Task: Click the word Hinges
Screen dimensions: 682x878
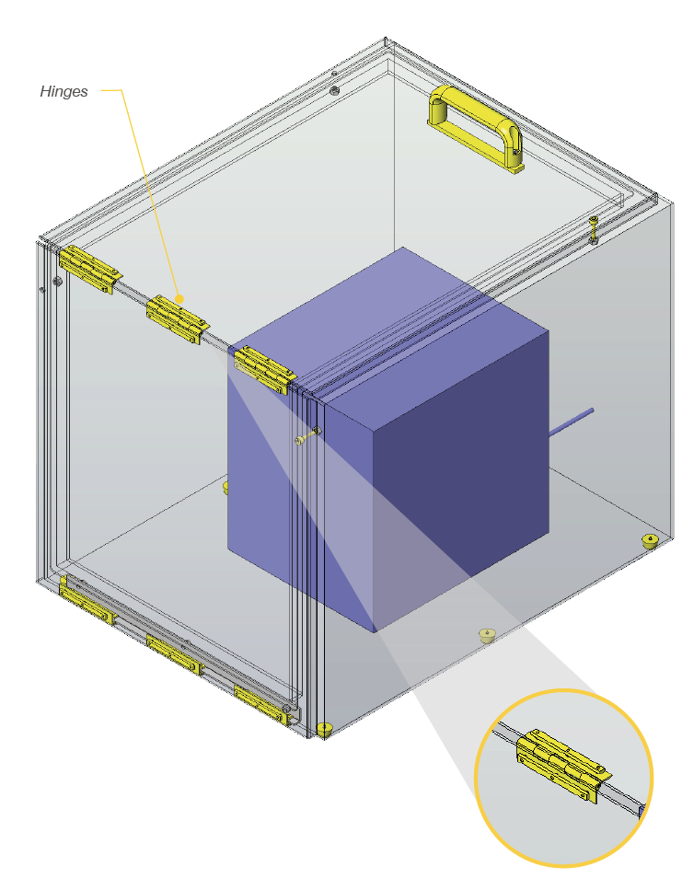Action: pos(64,91)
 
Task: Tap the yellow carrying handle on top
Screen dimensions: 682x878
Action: pos(476,128)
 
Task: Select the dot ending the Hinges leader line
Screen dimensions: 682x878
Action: pos(179,299)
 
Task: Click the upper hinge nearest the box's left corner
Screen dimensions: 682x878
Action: pos(90,270)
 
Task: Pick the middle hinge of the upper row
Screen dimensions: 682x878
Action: pos(178,319)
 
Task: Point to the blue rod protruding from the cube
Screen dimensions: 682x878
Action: pos(570,422)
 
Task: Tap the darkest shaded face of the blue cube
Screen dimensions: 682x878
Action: pos(461,481)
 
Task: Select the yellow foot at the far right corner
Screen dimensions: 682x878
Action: pos(650,541)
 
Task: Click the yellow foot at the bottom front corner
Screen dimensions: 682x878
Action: pos(325,729)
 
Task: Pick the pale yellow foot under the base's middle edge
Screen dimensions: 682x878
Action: pos(487,635)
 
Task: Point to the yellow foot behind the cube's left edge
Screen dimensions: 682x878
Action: pos(225,487)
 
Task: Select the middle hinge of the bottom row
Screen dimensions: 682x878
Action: pos(174,654)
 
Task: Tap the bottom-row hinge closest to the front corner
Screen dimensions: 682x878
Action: pos(261,704)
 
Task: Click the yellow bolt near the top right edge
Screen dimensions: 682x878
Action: pos(594,229)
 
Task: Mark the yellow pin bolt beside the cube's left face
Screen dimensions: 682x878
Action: pos(308,436)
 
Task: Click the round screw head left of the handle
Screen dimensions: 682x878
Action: pos(334,90)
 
